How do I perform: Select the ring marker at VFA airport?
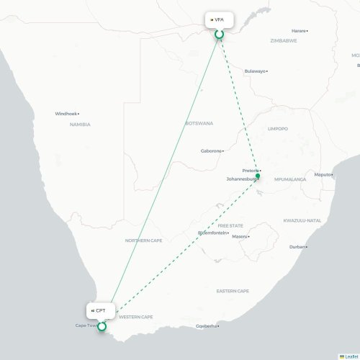pos(219,33)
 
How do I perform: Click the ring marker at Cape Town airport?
pos(102,326)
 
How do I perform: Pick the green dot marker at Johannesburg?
pos(258,176)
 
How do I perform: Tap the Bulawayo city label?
pos(255,71)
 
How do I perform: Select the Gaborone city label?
pos(211,151)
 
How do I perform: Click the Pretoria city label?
pos(250,171)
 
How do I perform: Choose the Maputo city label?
pos(323,174)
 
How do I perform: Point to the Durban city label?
pos(297,247)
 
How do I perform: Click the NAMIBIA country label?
pos(80,125)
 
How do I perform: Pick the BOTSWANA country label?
pos(199,123)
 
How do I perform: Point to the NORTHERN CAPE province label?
pos(143,240)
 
